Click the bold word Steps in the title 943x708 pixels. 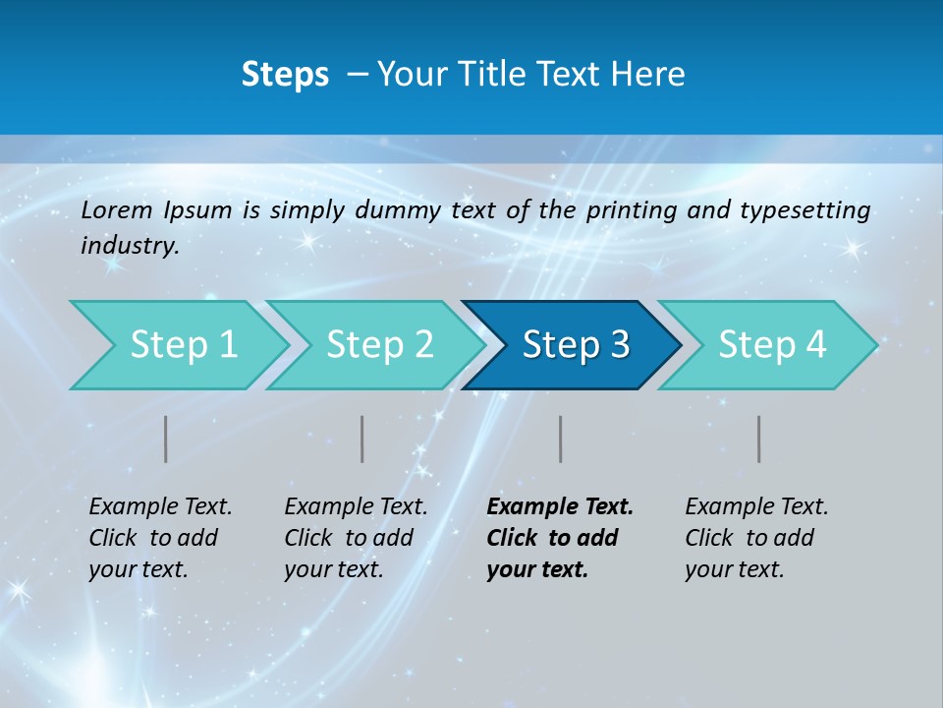[285, 75]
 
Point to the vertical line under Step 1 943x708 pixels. [166, 439]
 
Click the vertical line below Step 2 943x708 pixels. [362, 439]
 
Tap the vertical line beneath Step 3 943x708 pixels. [561, 439]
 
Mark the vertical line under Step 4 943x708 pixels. [759, 439]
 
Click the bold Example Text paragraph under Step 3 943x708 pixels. [559, 538]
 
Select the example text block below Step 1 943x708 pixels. [160, 538]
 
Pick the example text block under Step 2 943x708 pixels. [356, 538]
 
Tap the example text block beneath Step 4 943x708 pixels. [756, 538]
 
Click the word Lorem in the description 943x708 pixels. [117, 210]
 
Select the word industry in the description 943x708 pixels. [130, 246]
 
